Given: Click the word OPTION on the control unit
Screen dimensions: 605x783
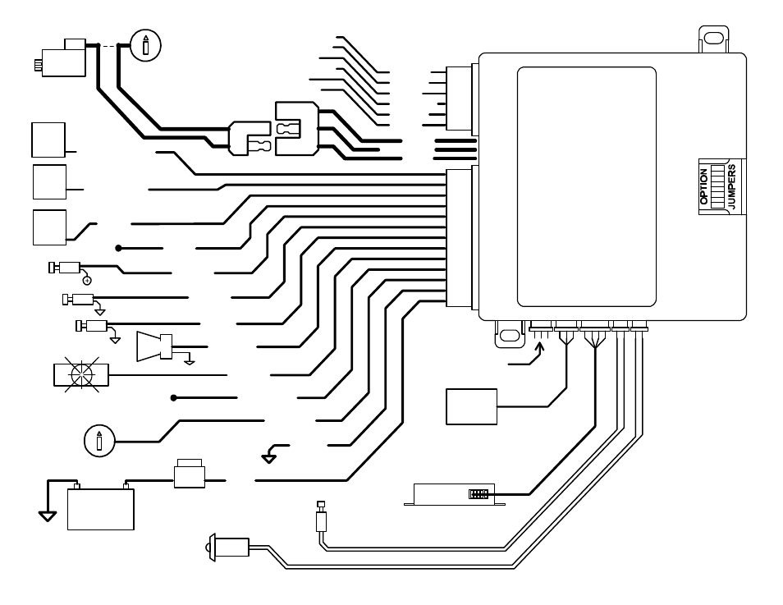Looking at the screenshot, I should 703,187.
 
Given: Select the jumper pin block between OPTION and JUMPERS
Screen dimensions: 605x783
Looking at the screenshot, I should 718,186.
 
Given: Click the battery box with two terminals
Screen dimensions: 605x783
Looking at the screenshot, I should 99,508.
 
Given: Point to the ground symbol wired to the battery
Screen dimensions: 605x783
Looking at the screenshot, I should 48,516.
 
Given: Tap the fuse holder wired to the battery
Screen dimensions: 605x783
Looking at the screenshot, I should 190,475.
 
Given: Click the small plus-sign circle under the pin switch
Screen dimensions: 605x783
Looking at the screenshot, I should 87,281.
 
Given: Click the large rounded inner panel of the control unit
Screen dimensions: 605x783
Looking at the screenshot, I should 586,186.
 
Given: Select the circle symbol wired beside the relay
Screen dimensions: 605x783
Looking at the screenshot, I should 146,44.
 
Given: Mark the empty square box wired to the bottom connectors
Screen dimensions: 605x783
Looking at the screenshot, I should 471,406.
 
